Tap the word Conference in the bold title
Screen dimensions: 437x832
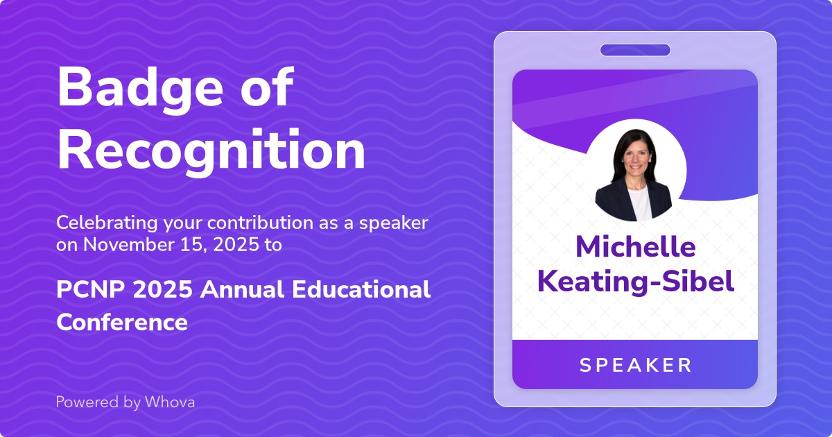click(122, 322)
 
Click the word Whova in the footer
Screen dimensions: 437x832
click(170, 402)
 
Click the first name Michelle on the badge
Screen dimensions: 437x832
click(635, 248)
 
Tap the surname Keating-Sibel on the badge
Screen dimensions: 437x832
click(635, 282)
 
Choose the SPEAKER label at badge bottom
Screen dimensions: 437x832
click(635, 365)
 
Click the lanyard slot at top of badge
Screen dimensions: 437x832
click(635, 50)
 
